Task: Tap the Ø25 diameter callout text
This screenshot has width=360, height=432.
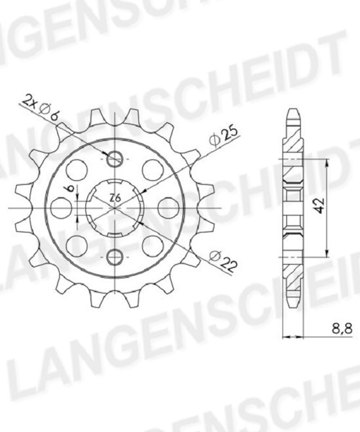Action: [x=224, y=136]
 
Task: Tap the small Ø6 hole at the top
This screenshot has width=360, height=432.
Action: [x=115, y=159]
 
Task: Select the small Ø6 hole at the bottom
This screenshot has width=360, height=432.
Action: [x=115, y=256]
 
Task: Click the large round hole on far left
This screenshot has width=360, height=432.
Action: [x=61, y=208]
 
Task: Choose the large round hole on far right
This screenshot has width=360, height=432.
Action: [x=168, y=208]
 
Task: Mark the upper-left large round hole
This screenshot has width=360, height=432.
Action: [x=77, y=170]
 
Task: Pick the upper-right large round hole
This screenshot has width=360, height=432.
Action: [x=153, y=170]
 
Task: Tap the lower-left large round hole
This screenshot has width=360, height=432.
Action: [x=77, y=246]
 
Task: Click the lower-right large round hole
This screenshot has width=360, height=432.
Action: [x=153, y=246]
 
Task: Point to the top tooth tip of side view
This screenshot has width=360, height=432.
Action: [x=293, y=111]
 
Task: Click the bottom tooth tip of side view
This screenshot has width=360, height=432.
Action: [x=293, y=306]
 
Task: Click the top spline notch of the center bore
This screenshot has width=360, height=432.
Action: [x=115, y=182]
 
